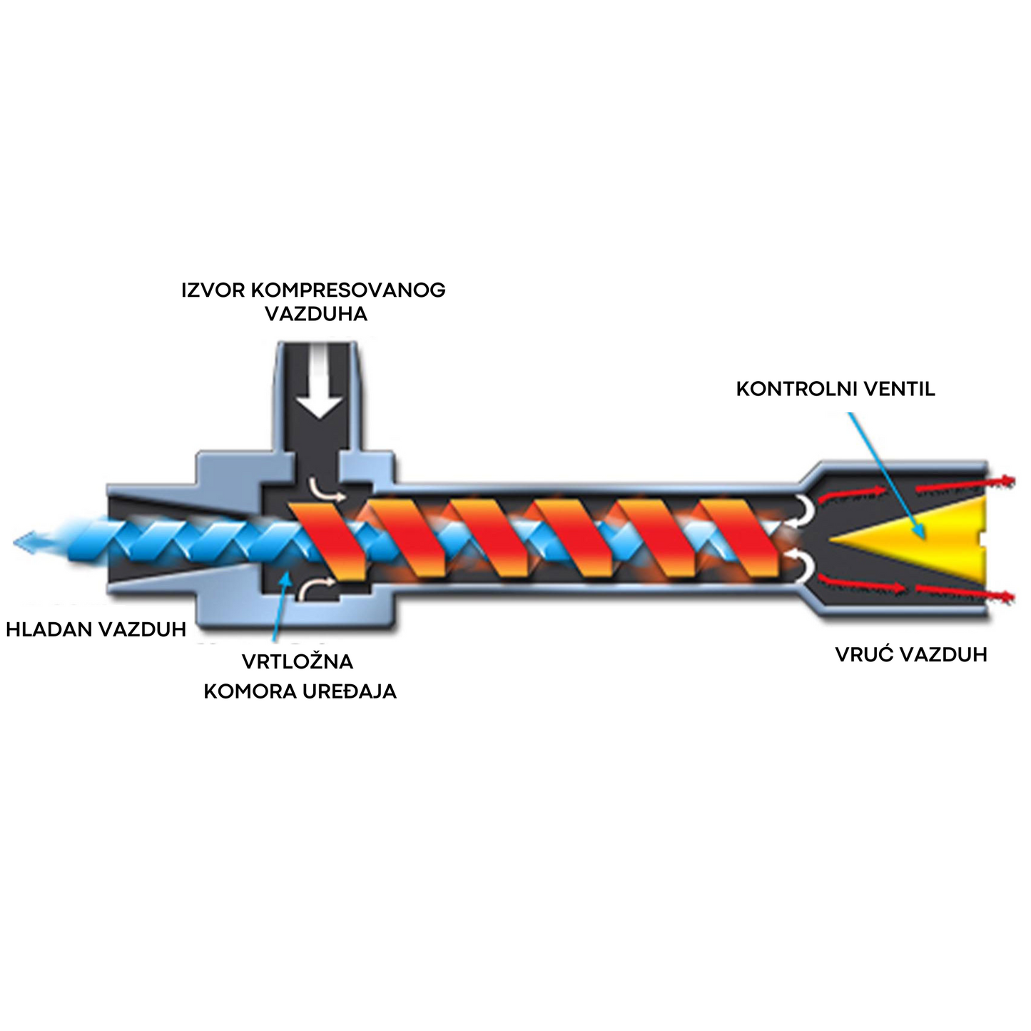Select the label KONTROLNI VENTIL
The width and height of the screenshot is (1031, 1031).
(835, 390)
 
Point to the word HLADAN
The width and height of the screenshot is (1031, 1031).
(49, 629)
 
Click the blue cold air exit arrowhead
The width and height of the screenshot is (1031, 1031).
(25, 542)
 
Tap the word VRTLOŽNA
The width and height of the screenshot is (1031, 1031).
(298, 661)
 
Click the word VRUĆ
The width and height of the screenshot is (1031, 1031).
(865, 654)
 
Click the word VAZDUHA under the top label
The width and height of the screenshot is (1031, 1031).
(316, 314)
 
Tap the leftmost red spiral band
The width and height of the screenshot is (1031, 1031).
(327, 539)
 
